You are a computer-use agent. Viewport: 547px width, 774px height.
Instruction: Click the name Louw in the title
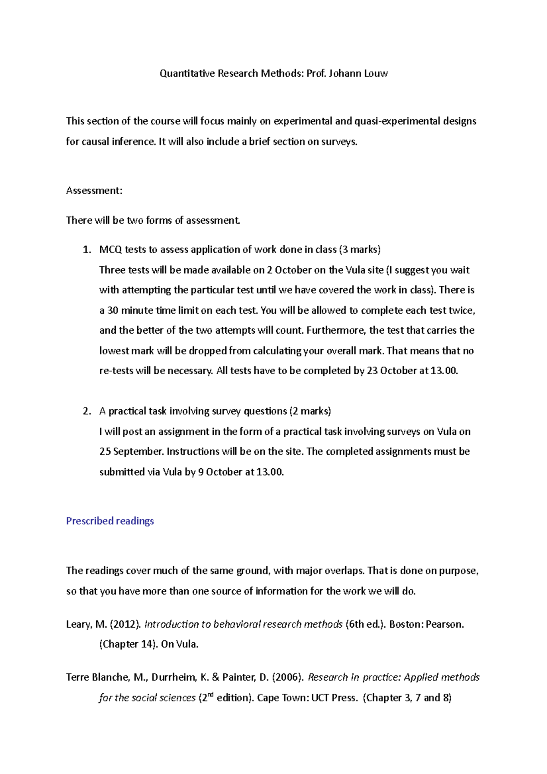coord(376,73)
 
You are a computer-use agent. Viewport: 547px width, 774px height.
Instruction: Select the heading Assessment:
coord(94,191)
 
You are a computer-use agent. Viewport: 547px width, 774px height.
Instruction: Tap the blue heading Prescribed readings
coord(110,521)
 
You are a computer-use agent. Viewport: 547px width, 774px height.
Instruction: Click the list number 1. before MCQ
coord(87,249)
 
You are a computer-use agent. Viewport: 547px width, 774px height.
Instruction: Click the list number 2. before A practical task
coord(87,411)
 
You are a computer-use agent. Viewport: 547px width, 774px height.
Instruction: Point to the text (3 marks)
coord(360,249)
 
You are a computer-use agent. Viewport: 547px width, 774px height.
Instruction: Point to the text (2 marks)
coord(310,411)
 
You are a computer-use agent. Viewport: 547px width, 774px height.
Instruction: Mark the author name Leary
coord(79,624)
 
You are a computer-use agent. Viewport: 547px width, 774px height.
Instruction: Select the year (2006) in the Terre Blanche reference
coord(287,677)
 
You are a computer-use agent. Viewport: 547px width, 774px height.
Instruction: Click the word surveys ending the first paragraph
coord(339,142)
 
